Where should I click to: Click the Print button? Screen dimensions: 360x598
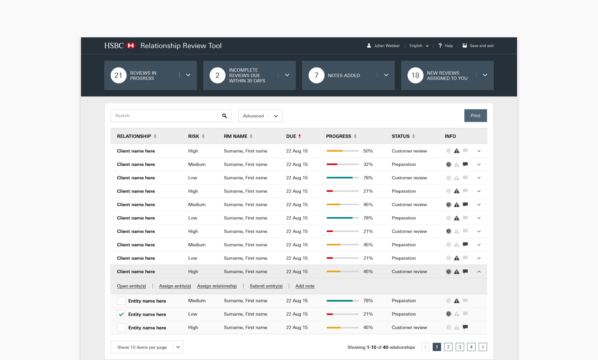[x=475, y=116]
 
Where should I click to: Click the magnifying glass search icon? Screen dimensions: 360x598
[x=225, y=116]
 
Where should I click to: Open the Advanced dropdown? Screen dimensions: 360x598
[x=260, y=116]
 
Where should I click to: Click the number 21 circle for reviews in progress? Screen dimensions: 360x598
[x=118, y=75]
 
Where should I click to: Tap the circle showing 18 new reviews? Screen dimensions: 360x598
[x=415, y=75]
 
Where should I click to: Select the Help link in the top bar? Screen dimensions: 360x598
[x=446, y=46]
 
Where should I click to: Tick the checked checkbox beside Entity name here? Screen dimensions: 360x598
[x=121, y=314]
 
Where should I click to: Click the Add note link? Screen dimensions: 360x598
[x=305, y=286]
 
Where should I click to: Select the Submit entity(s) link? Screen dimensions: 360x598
[x=266, y=286]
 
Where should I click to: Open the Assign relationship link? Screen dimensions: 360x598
[x=217, y=286]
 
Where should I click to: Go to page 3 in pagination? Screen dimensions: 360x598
[x=460, y=347]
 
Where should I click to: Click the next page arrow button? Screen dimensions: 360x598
[x=483, y=347]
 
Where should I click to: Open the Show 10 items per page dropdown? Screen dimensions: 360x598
[x=147, y=347]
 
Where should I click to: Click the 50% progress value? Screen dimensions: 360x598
[x=368, y=151]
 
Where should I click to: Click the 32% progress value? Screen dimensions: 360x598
[x=368, y=164]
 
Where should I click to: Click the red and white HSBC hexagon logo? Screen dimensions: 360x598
[x=131, y=46]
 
